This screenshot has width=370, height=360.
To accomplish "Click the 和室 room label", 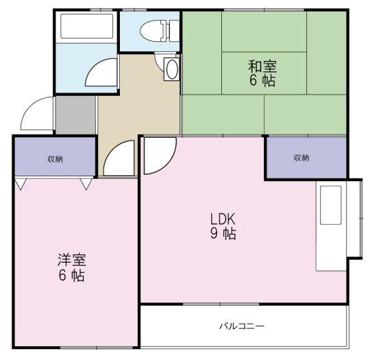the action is tap(262, 67).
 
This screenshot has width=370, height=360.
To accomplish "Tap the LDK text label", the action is tap(223, 219).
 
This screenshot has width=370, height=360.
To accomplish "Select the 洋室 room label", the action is tap(72, 260).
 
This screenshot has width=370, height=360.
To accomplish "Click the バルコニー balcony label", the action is tap(242, 326).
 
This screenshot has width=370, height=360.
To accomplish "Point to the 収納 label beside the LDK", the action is tap(301, 158).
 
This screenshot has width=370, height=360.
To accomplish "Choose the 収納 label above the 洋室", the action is tap(56, 159).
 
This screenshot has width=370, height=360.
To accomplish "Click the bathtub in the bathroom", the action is tap(86, 26).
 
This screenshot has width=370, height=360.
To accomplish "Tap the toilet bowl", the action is tap(151, 31).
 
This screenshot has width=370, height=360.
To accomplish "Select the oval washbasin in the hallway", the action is tap(172, 69).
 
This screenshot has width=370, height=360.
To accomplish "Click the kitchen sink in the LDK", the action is tap(330, 205).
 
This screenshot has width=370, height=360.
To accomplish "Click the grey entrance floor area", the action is tap(76, 115).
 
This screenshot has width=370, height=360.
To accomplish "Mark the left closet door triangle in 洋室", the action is tap(21, 184).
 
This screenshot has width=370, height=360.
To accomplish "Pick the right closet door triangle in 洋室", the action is tap(86, 184).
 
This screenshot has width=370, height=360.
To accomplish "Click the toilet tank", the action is tap(175, 31).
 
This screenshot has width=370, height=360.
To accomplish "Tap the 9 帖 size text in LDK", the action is tap(223, 234).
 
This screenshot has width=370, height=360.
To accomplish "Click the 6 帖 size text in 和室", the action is tap(262, 80).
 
